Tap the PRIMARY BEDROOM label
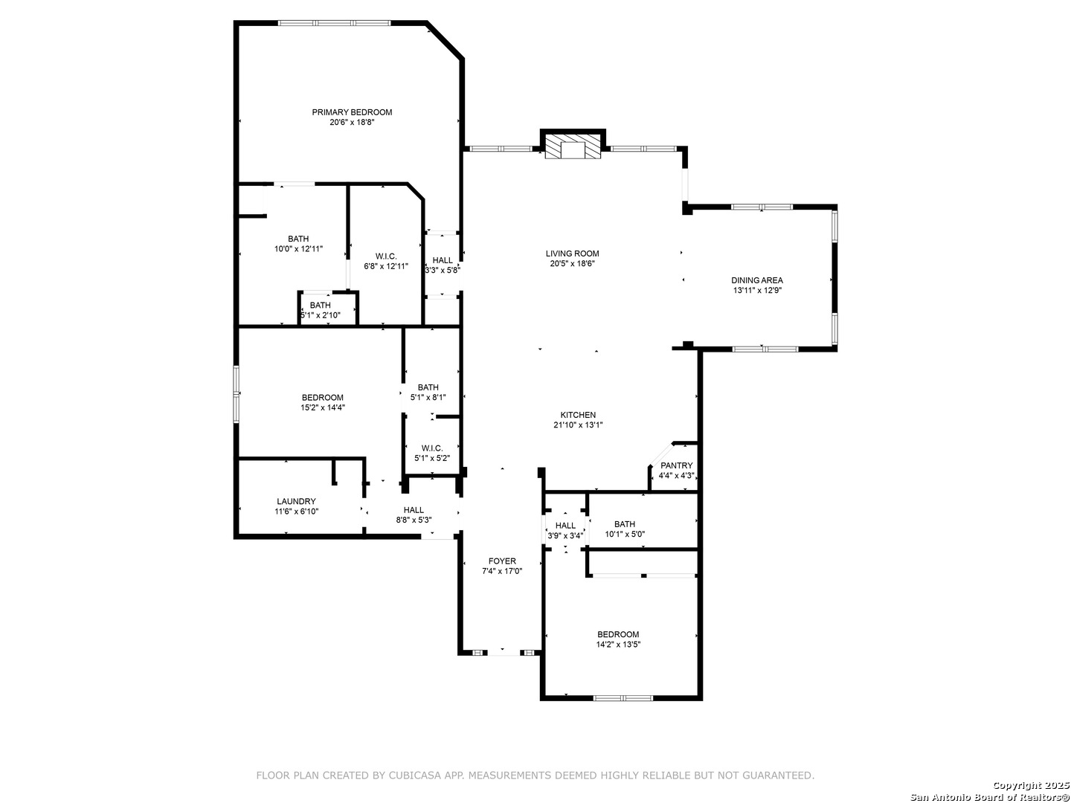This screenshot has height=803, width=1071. [352, 112]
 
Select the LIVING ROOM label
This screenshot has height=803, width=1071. [573, 254]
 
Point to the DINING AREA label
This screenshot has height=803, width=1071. [757, 280]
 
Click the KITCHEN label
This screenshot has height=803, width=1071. [578, 415]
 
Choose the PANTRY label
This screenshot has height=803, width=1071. [676, 465]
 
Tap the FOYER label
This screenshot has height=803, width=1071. [502, 561]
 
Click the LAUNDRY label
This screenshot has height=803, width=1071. [296, 501]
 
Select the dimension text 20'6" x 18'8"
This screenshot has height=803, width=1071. [352, 123]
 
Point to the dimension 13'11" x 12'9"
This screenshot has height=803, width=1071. [757, 291]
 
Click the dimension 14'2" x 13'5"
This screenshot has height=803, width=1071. [618, 645]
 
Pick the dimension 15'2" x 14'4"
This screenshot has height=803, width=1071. [323, 407]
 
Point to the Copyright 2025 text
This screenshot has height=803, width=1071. [1031, 785]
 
